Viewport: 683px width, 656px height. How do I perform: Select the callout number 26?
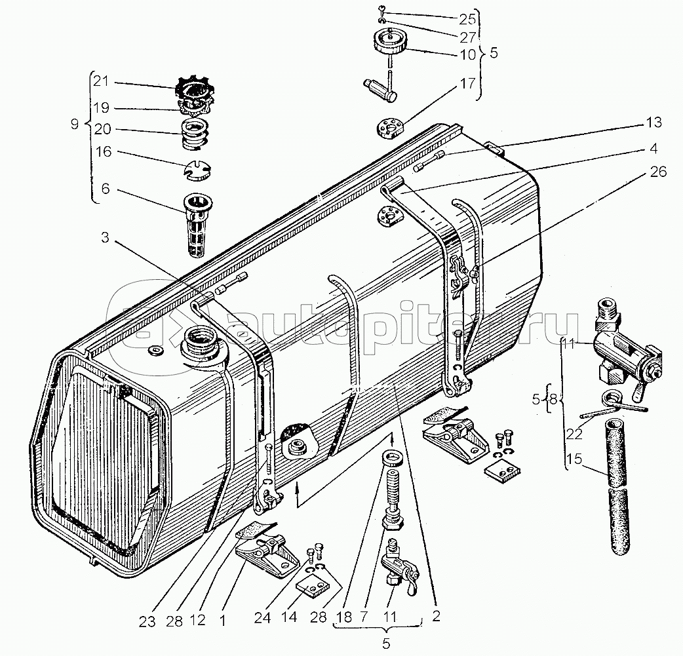[659, 172]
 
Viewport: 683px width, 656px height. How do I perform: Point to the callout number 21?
[100, 82]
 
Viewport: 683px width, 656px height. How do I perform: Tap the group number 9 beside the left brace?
[75, 122]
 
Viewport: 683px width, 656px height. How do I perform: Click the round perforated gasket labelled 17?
[389, 127]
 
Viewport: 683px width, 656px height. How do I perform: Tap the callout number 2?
[437, 616]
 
